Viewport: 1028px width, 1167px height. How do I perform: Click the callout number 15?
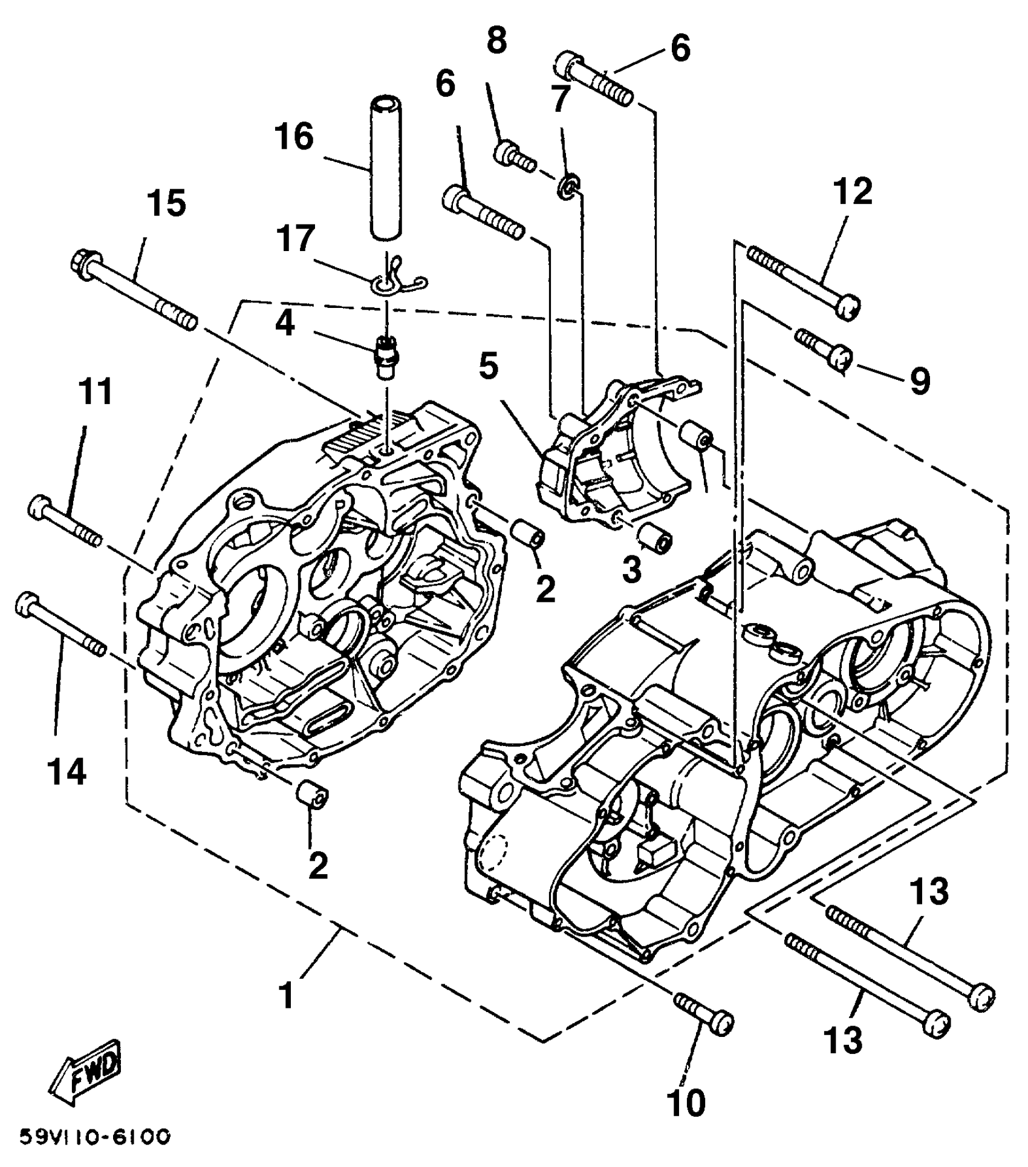click(x=167, y=203)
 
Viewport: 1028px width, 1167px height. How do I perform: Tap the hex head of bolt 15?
click(x=82, y=264)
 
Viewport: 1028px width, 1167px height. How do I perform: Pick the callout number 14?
click(x=67, y=772)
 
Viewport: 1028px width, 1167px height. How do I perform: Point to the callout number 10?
click(x=687, y=1103)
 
